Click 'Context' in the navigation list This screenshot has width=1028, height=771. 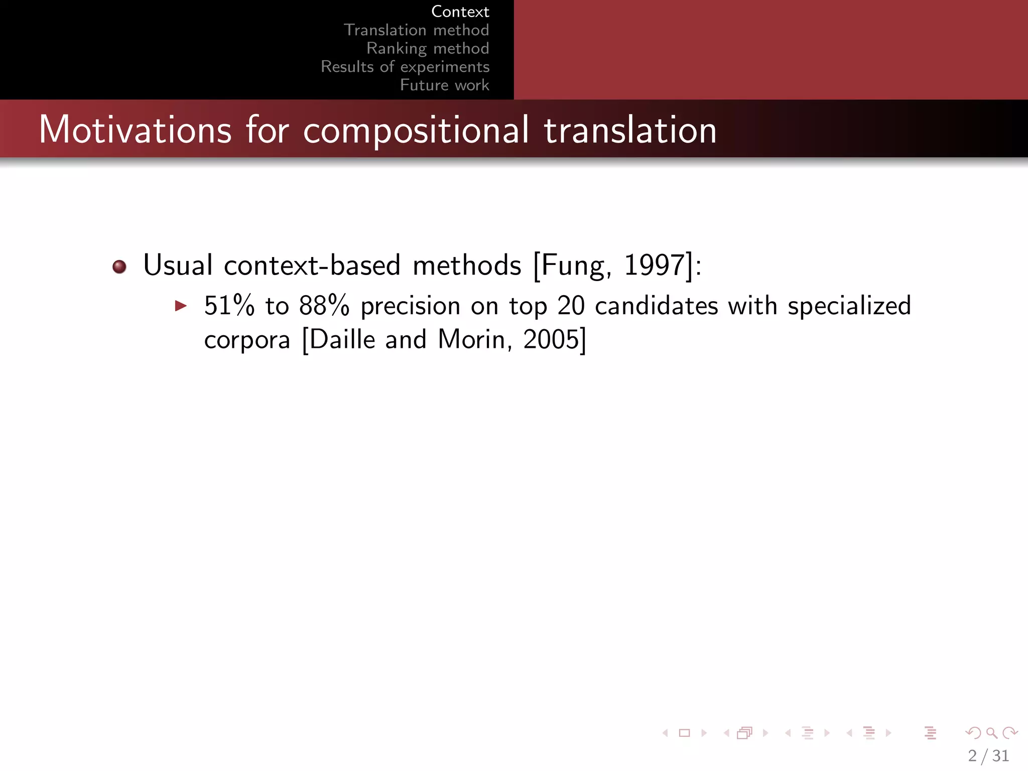(x=460, y=12)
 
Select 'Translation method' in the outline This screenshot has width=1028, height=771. (x=416, y=30)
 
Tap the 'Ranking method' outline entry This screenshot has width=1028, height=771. (x=428, y=48)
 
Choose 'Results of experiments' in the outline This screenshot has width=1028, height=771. (x=405, y=67)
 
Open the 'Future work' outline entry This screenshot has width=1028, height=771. (x=444, y=85)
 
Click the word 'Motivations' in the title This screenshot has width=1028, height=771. (x=135, y=130)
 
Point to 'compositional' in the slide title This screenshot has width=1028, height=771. (x=416, y=130)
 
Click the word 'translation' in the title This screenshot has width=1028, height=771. (x=630, y=130)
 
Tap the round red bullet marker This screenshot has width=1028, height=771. (x=119, y=267)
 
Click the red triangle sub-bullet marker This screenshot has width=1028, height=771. (x=181, y=306)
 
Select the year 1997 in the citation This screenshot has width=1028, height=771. (x=654, y=265)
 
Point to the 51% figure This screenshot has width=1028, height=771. (x=229, y=306)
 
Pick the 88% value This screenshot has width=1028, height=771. (x=324, y=306)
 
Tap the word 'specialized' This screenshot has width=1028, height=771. (x=849, y=306)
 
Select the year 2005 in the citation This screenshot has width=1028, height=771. (x=551, y=340)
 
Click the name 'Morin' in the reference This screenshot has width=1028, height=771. (x=471, y=340)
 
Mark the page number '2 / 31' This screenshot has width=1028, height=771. (x=988, y=755)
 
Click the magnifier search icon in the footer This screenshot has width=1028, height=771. (x=991, y=733)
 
